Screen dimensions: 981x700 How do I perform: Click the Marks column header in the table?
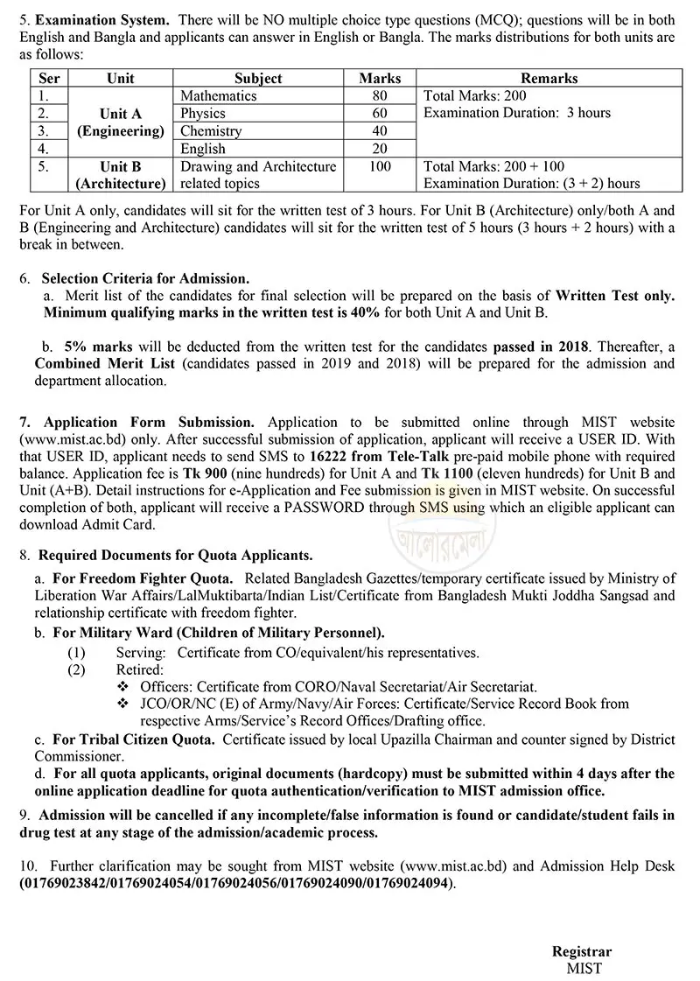(x=380, y=78)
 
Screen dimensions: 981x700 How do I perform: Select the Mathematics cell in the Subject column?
(x=218, y=95)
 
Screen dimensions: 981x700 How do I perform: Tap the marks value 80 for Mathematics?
(x=380, y=95)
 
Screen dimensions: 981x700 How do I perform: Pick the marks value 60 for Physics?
(x=380, y=113)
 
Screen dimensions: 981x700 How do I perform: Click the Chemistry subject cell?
(x=211, y=130)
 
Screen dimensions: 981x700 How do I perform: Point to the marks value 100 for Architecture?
(x=380, y=165)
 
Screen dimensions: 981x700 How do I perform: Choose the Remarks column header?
(x=549, y=78)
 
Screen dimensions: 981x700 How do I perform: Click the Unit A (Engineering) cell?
(x=121, y=123)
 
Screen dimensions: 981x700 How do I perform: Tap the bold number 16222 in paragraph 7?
(x=331, y=457)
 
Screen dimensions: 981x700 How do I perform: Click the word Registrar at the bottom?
(x=581, y=952)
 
